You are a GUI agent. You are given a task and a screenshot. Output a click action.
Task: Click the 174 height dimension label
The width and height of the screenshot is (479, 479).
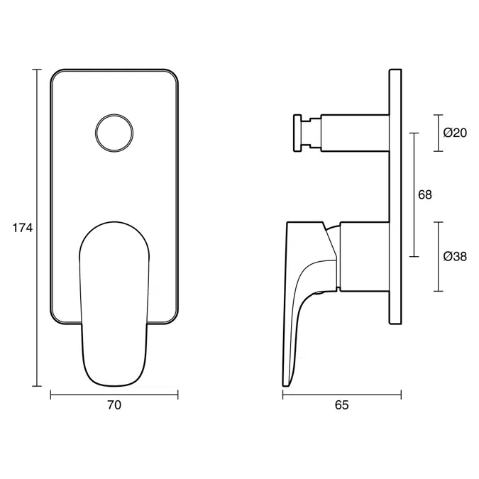[23, 228]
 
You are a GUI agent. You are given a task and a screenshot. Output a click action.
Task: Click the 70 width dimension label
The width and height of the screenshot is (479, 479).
[114, 405]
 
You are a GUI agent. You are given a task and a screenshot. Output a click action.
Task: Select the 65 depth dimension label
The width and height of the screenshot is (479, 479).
[341, 405]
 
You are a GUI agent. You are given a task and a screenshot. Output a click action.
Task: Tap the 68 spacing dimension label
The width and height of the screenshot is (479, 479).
[425, 194]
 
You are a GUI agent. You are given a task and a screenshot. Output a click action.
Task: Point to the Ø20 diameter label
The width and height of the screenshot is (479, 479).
[454, 133]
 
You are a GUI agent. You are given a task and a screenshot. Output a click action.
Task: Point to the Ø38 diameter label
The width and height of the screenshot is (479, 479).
[454, 256]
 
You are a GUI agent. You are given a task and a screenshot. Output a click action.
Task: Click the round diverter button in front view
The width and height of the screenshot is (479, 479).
[114, 133]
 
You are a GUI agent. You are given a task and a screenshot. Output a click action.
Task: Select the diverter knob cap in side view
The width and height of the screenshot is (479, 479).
[296, 133]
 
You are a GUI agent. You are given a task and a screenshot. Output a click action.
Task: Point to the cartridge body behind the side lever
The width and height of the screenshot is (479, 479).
[363, 256]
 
